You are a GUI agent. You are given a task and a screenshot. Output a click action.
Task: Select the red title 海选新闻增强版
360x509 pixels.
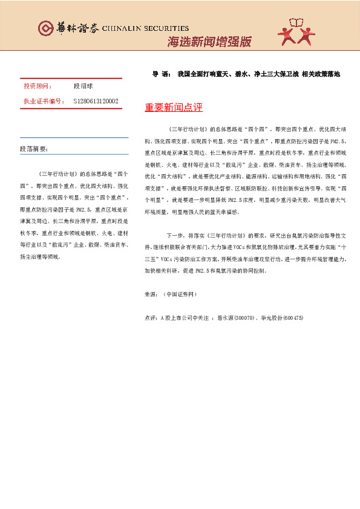[x=208, y=42]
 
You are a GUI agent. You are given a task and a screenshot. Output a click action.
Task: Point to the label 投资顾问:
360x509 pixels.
[x=38, y=86]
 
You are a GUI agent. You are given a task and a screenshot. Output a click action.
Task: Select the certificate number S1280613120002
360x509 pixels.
[x=96, y=101]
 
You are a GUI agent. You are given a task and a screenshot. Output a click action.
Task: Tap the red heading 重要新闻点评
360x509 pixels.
[x=174, y=108]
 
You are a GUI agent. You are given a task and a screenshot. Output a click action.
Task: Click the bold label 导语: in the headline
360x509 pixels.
[x=162, y=74]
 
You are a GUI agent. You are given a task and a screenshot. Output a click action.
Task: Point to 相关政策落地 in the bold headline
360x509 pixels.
[x=321, y=74]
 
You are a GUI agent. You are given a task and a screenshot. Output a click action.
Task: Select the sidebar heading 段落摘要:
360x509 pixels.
[x=34, y=148]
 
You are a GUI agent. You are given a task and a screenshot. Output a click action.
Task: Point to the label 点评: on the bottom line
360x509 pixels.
[x=151, y=318]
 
